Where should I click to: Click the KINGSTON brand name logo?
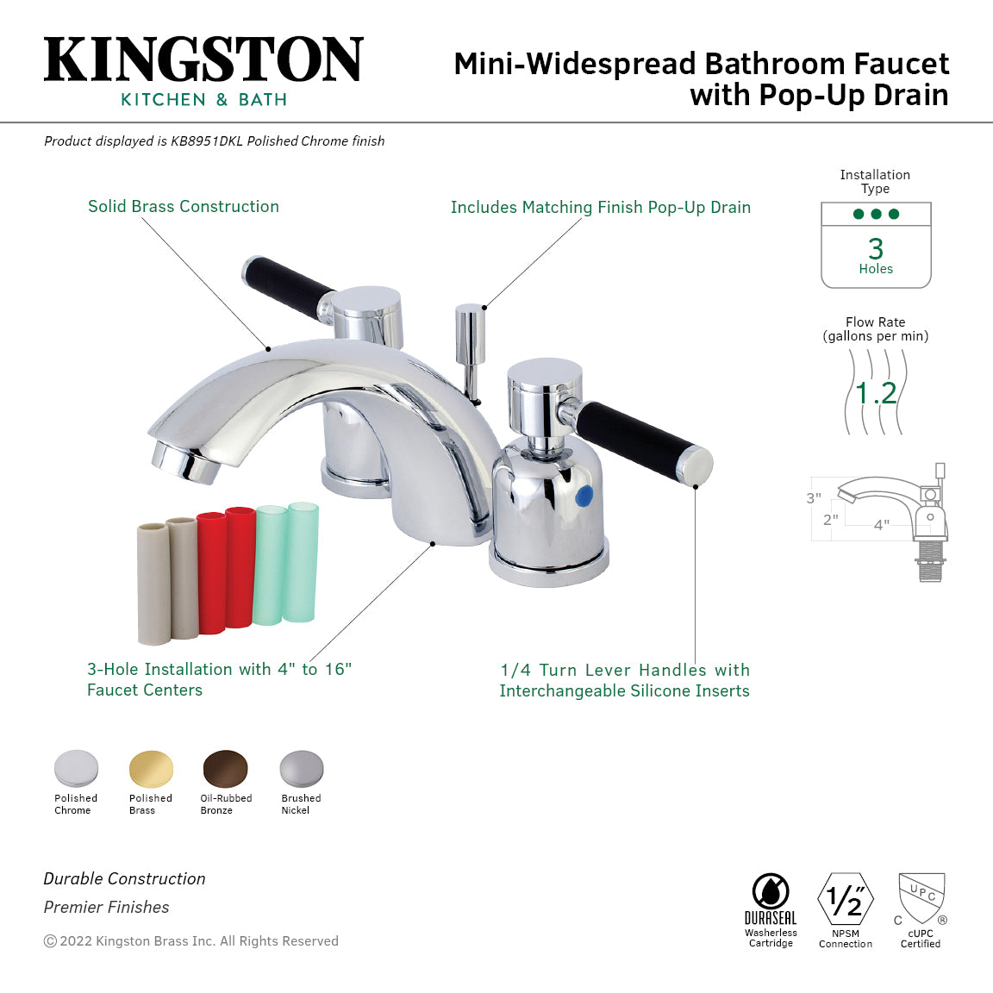coord(203,59)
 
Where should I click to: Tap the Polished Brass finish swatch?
coord(151,769)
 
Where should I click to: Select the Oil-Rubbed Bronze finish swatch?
coord(225,769)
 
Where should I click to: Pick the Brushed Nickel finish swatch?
coord(301,769)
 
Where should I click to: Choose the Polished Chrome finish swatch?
coord(76,769)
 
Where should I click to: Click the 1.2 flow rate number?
coord(876,393)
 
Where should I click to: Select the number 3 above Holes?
coord(876,248)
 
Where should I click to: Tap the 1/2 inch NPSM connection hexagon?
coord(846,900)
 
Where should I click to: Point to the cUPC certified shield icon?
coord(921,897)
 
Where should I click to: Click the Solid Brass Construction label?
coord(184,207)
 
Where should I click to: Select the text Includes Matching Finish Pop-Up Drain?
coord(600,208)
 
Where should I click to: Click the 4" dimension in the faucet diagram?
coord(881,525)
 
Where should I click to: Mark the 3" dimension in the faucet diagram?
coord(814,498)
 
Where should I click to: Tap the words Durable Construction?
coord(125,878)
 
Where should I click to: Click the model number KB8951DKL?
coord(207,141)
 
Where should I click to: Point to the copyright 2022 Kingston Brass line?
coord(191,941)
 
